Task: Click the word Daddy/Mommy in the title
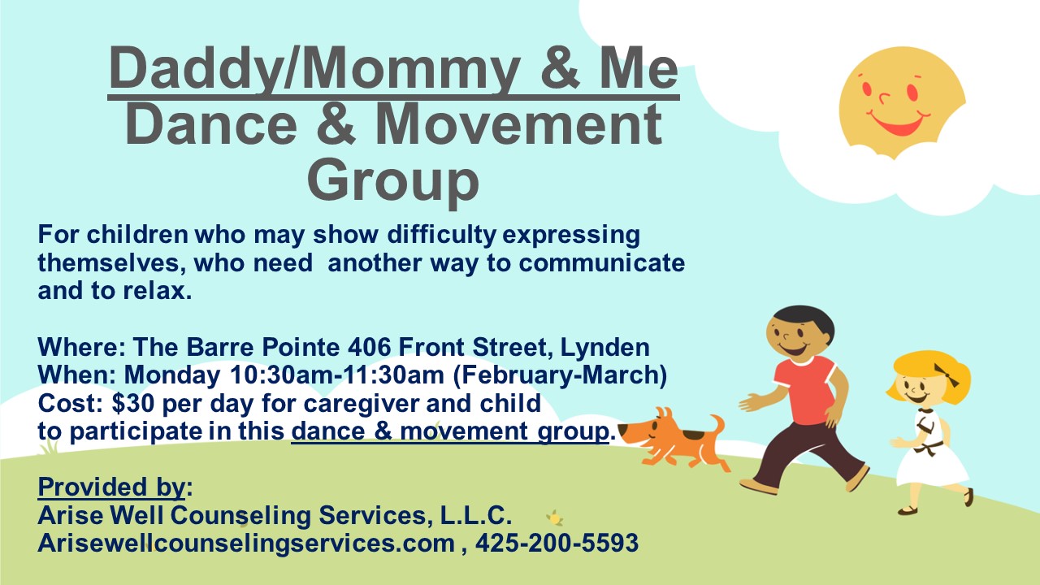pos(314,69)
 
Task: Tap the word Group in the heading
pos(393,180)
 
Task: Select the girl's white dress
pos(930,448)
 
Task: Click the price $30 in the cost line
pos(132,403)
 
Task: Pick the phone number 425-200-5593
pos(557,543)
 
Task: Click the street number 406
pos(369,347)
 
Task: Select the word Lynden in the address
pos(605,348)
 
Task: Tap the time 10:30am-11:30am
pos(337,375)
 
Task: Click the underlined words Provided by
pos(112,487)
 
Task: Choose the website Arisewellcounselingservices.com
pos(246,544)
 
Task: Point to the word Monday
pos(171,375)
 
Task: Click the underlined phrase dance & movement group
pos(450,431)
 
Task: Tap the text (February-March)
pos(561,376)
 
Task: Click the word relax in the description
pos(157,291)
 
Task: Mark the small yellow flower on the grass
pos(554,518)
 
